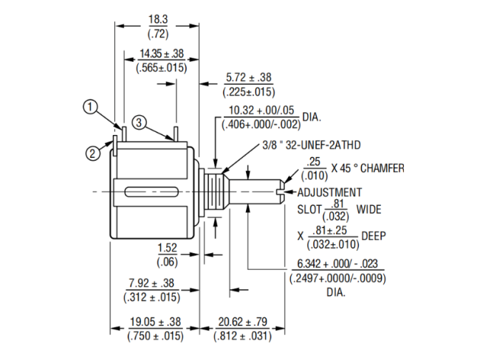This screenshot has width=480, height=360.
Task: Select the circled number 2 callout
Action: click(92, 153)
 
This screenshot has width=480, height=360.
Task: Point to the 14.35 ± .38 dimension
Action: click(162, 54)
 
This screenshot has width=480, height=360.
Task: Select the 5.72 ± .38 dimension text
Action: click(248, 77)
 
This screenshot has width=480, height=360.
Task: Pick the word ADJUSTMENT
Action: click(329, 193)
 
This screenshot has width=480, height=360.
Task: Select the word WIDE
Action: click(368, 210)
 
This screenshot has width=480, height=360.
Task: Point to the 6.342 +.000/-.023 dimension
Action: click(337, 263)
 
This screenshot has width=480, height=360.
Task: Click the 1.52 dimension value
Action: click(168, 248)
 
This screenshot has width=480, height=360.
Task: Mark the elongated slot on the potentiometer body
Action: click(152, 193)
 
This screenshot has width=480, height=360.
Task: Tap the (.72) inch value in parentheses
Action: click(158, 34)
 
